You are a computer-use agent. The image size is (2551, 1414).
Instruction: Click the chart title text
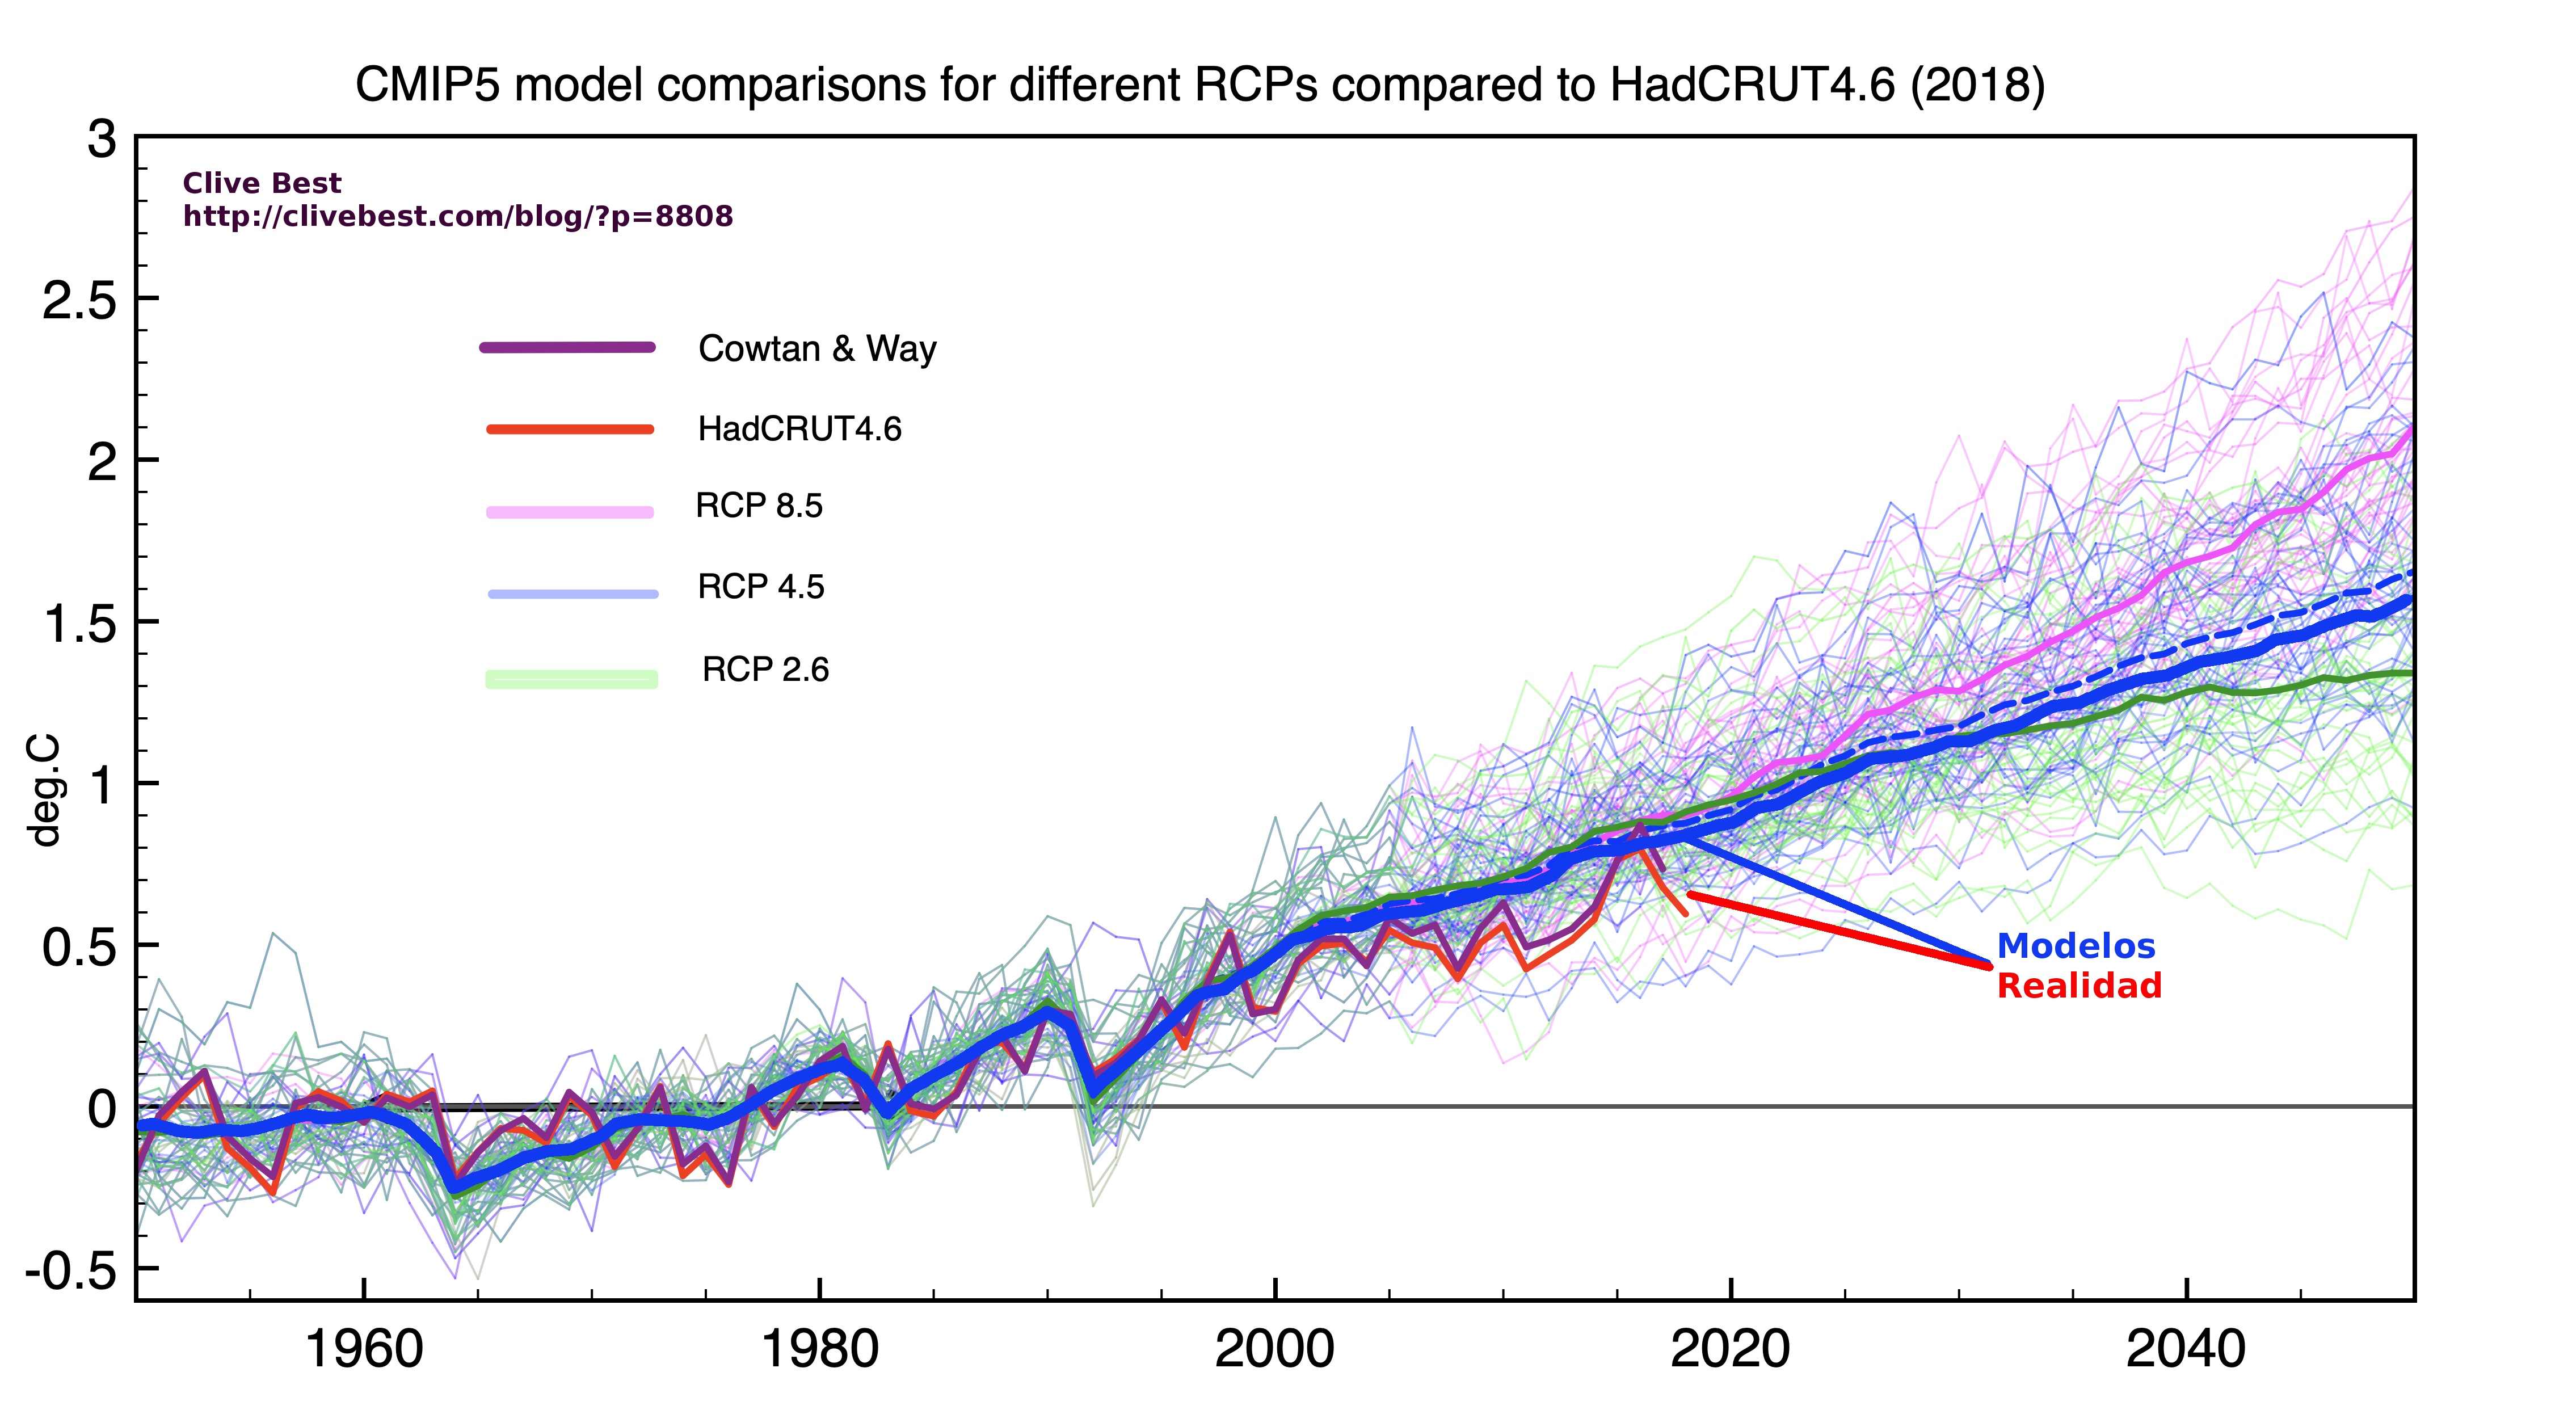click(x=1199, y=85)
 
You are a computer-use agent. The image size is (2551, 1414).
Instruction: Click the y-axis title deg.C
click(x=45, y=790)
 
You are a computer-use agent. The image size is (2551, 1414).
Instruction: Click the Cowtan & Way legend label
click(x=817, y=348)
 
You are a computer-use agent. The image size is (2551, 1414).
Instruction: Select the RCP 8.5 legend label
click(x=759, y=506)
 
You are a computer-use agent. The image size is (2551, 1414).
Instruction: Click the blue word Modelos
click(x=2076, y=946)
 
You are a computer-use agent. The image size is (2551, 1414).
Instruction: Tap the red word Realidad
click(x=2078, y=986)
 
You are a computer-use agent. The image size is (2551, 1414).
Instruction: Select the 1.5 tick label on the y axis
click(x=79, y=624)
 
